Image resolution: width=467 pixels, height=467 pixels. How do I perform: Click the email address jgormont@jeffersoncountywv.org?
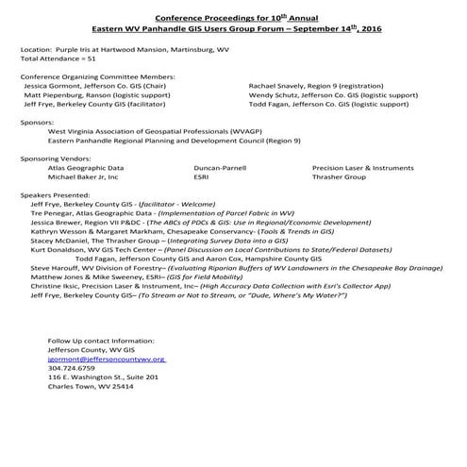click(107, 359)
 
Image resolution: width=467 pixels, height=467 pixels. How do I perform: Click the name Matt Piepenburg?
click(56, 94)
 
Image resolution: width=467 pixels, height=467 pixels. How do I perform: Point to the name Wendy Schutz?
click(273, 94)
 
